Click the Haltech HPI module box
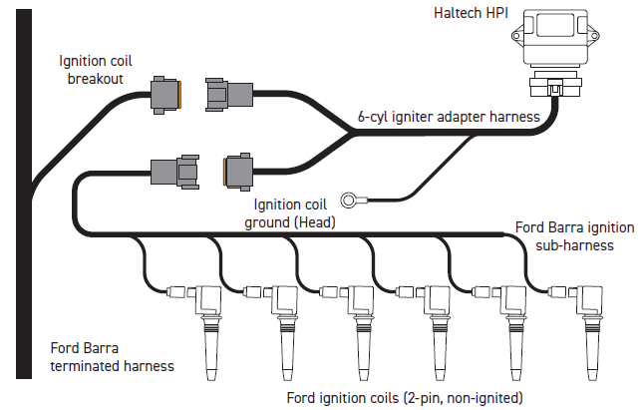[x=555, y=38]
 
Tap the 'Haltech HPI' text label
[x=471, y=13]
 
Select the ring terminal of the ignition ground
[x=349, y=201]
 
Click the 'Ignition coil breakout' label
[x=95, y=70]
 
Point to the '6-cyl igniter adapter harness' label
[x=449, y=117]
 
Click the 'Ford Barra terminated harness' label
[x=112, y=357]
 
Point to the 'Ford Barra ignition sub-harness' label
[x=574, y=236]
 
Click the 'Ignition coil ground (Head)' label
[x=290, y=213]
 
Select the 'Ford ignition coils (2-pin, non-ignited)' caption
[x=405, y=398]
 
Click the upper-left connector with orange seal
[x=165, y=95]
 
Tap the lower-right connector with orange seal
[x=238, y=172]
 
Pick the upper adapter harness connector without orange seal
[x=229, y=95]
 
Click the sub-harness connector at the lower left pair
[x=175, y=172]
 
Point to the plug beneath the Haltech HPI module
[x=555, y=84]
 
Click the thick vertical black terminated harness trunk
[x=24, y=194]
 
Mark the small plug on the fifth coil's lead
[x=482, y=292]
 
